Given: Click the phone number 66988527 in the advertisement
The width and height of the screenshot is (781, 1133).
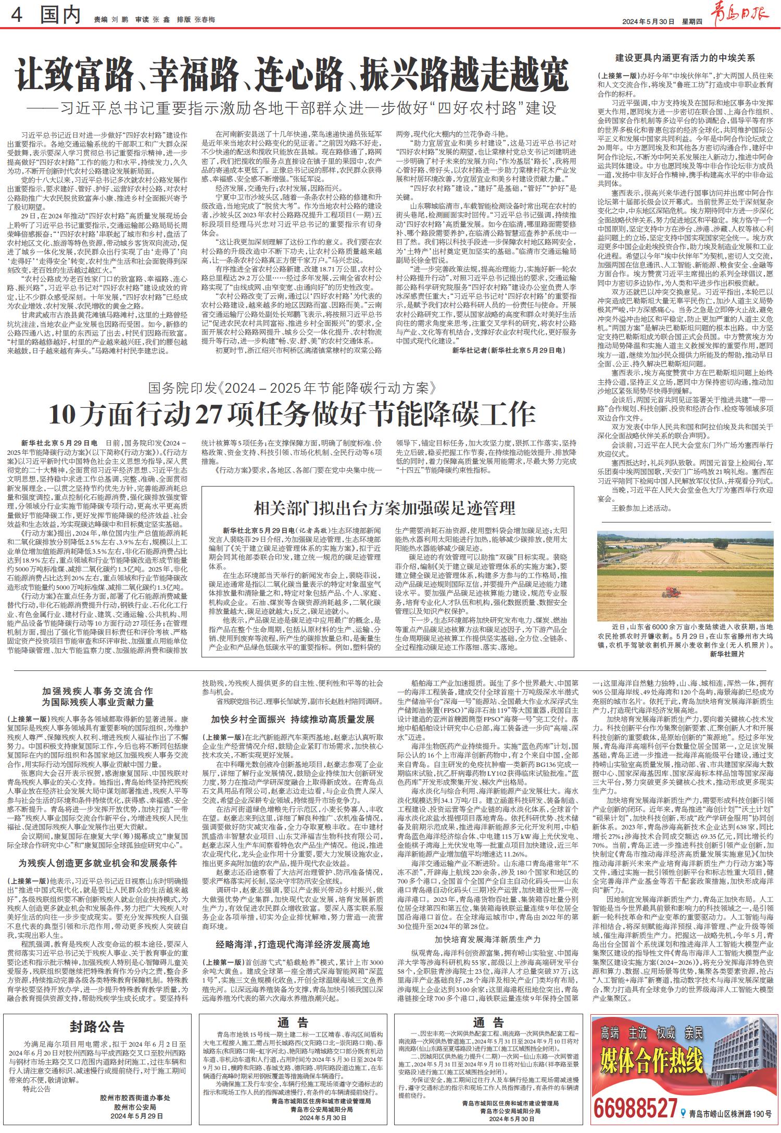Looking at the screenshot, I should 635,1114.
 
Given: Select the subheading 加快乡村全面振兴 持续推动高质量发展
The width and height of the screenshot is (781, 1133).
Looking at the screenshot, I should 293,719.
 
